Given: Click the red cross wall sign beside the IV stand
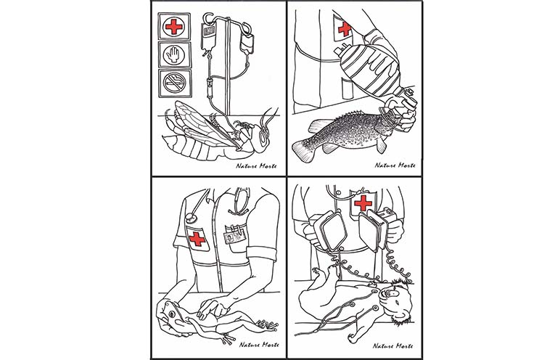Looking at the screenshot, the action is [x=174, y=27].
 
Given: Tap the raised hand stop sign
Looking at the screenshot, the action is [x=175, y=55].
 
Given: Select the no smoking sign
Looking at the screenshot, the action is [x=175, y=83].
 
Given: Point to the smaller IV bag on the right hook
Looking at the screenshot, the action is [x=247, y=44].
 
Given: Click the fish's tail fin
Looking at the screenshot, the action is [x=305, y=148].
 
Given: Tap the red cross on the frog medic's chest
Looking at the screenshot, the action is [x=197, y=239].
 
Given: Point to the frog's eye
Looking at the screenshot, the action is [x=173, y=314].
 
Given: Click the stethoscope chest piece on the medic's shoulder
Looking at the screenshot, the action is [x=192, y=217].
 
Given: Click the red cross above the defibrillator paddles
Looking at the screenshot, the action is [x=363, y=202].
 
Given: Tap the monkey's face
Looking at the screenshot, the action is [x=394, y=297].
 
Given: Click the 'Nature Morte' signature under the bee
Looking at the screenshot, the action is [x=256, y=165].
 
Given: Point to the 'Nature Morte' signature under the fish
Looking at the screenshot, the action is [x=395, y=165].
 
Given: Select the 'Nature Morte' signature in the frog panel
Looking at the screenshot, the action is [x=259, y=345].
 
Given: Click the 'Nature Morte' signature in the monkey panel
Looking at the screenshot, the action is [x=393, y=345].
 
